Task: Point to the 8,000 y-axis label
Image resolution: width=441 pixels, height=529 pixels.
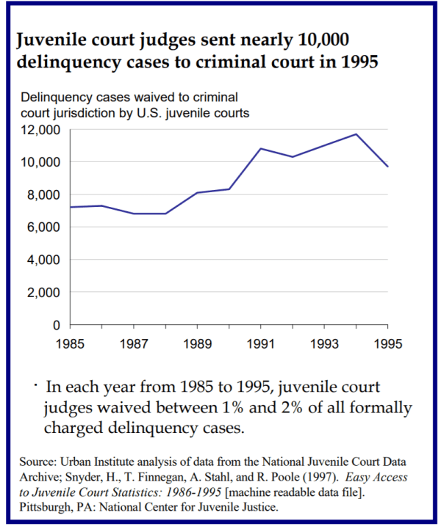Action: click(42, 195)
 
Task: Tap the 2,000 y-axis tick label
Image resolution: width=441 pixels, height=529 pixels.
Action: click(42, 293)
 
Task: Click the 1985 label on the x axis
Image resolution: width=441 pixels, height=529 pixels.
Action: click(71, 343)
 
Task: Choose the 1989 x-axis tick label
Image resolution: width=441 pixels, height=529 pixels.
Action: click(197, 343)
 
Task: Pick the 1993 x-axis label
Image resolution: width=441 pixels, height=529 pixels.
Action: click(324, 343)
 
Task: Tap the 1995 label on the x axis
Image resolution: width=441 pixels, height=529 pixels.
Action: click(387, 343)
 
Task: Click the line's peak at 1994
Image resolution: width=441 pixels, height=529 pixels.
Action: click(356, 134)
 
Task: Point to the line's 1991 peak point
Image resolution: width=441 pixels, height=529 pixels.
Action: click(261, 149)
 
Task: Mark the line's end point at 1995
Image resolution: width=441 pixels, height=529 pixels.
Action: click(388, 167)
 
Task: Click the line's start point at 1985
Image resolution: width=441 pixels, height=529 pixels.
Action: click(71, 207)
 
